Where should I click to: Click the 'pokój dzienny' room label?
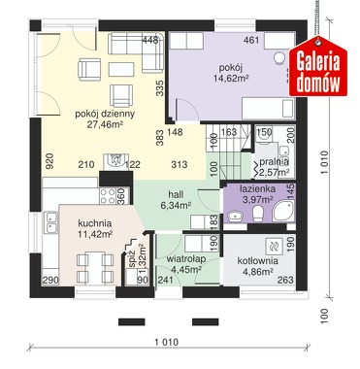(105, 115)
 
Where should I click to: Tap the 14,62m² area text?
(231, 78)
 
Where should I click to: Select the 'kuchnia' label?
(95, 223)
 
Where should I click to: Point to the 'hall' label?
(176, 194)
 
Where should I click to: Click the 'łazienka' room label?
(257, 188)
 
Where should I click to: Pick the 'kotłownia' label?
(258, 261)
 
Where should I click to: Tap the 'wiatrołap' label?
(186, 259)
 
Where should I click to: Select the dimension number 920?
(49, 161)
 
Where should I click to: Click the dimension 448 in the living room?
(150, 40)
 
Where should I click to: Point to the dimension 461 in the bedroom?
(251, 40)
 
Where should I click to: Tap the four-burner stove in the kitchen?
(108, 196)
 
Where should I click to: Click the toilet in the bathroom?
(258, 214)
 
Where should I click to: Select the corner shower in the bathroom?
(283, 211)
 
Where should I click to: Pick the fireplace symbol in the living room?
(115, 161)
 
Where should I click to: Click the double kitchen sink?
(51, 222)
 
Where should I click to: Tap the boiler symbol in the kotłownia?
(274, 246)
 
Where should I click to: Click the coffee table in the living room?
(121, 69)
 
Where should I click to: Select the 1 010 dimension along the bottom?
(167, 342)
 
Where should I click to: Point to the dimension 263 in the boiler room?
(285, 280)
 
